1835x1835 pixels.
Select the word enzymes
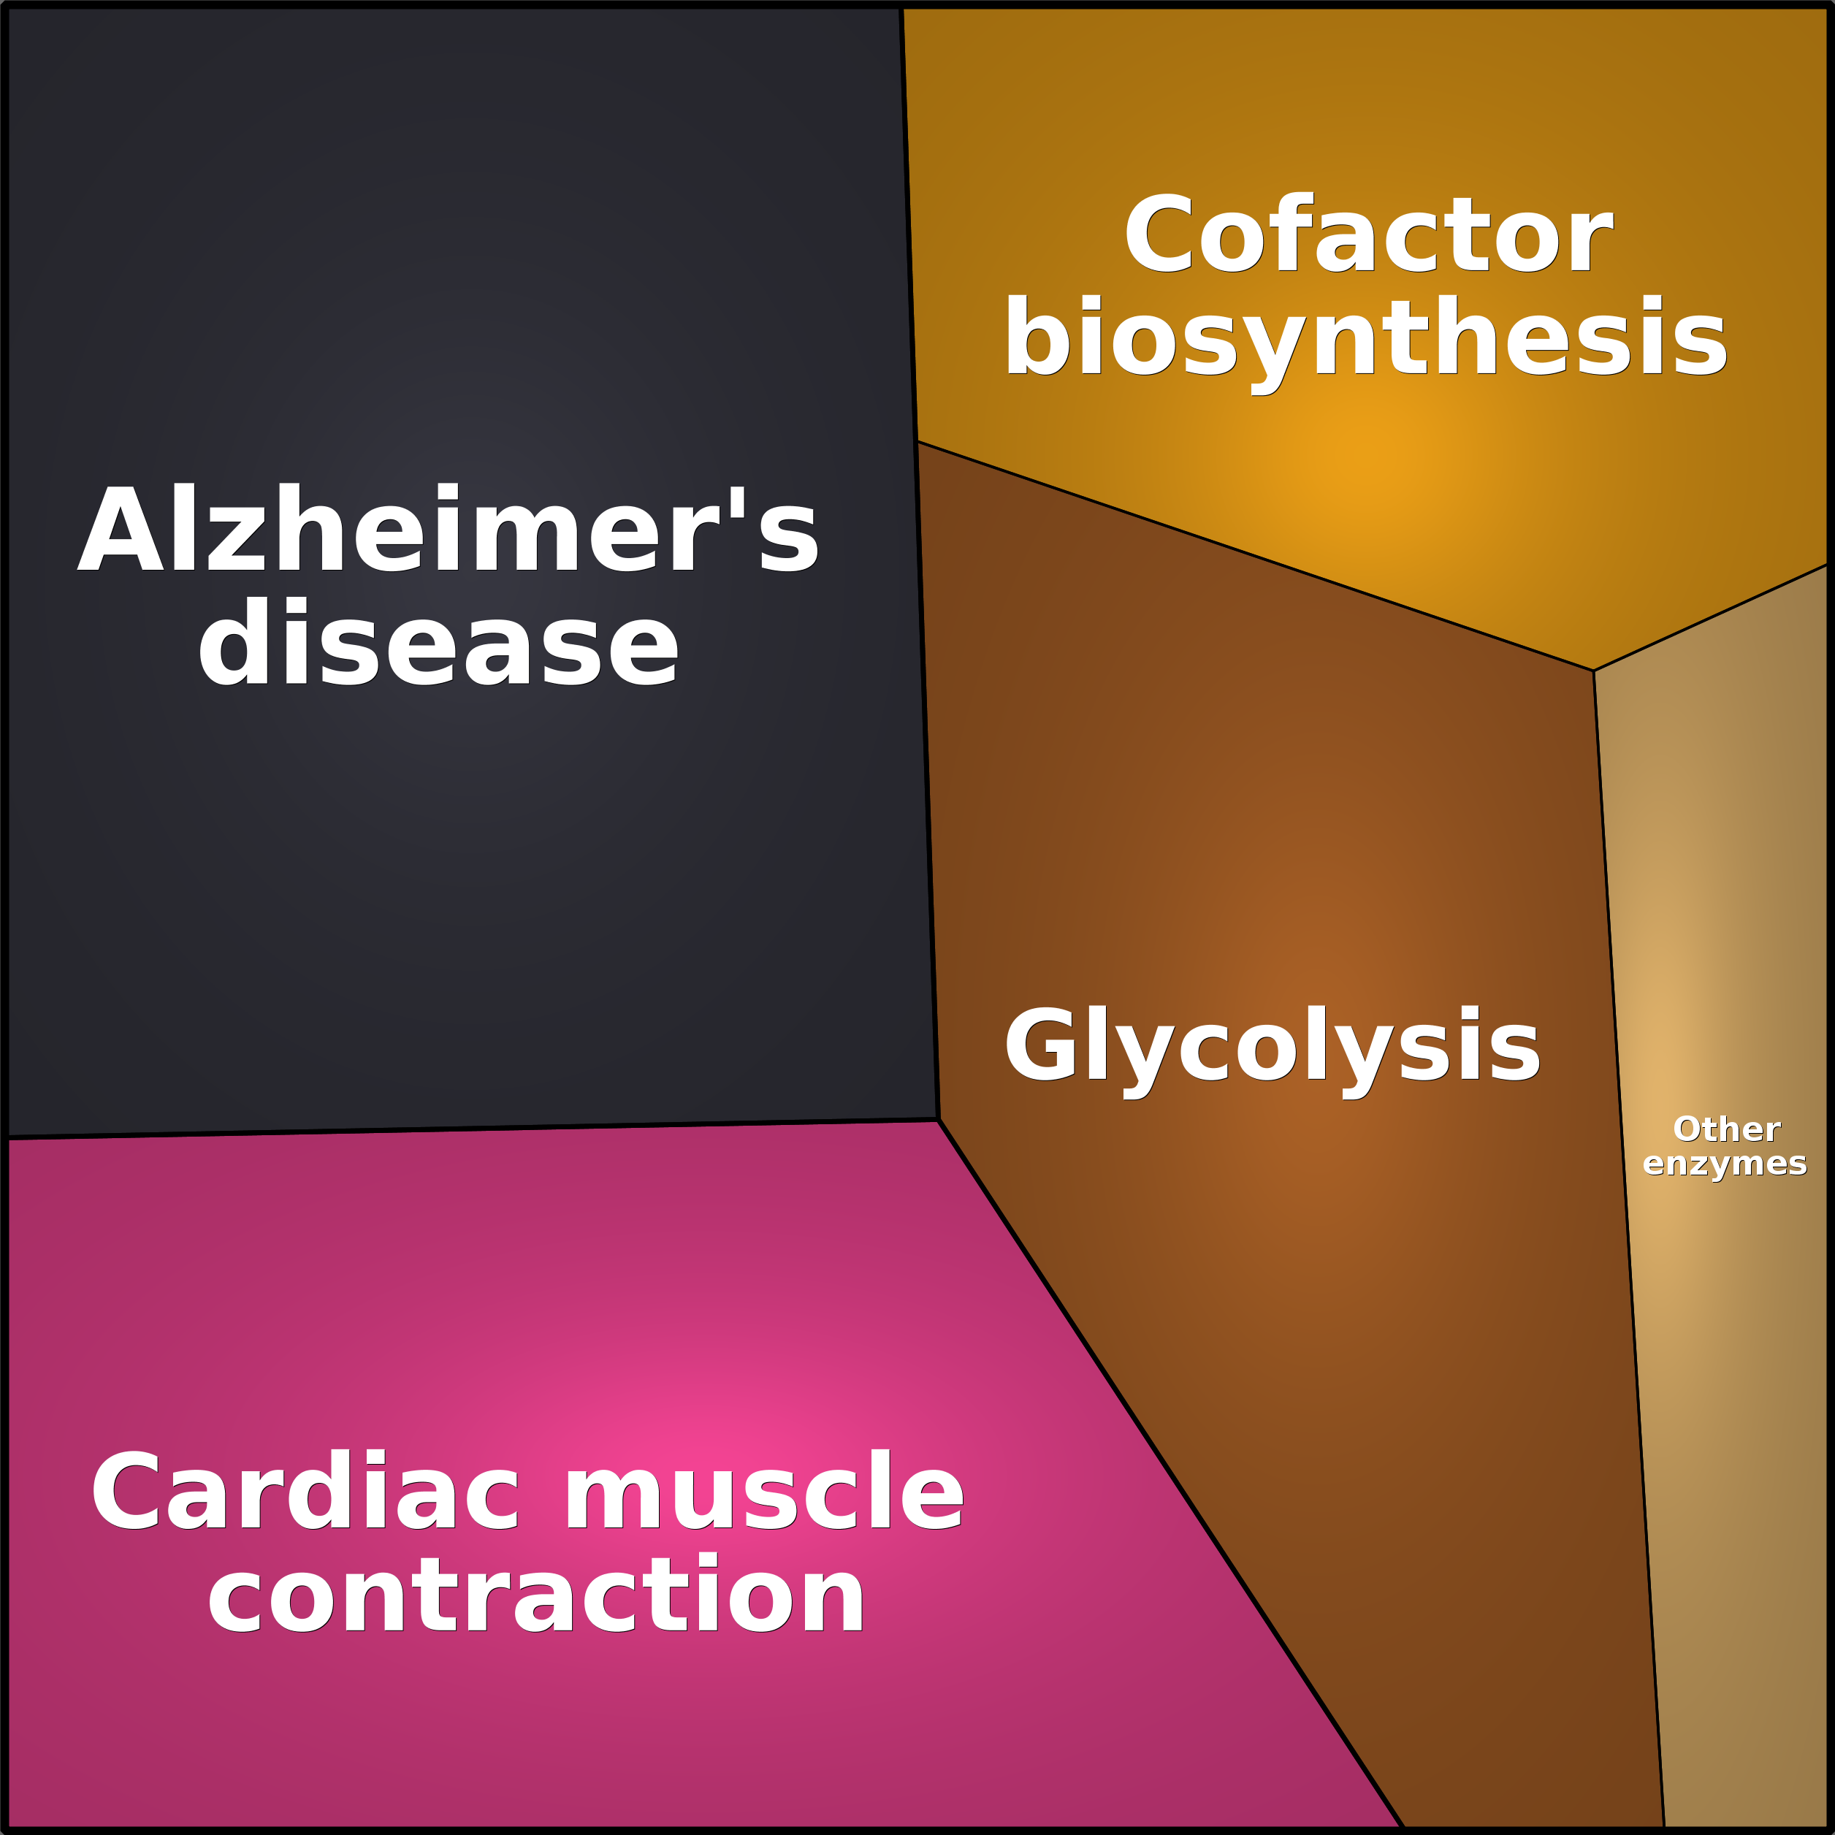1725,1164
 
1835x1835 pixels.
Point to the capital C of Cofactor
1159,234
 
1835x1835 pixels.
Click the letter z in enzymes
1700,1164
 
